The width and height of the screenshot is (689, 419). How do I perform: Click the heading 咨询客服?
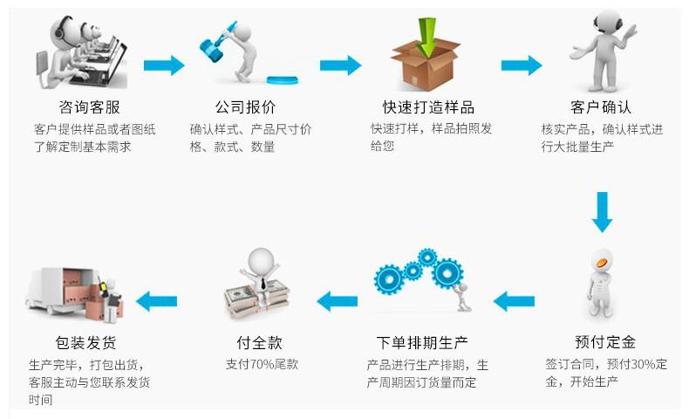(89, 108)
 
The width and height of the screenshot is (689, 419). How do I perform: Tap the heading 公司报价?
(245, 108)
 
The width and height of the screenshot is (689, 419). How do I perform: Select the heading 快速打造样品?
(428, 108)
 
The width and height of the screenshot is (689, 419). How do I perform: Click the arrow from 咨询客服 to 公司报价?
(163, 65)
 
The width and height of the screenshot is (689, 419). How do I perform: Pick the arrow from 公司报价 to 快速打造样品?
(340, 65)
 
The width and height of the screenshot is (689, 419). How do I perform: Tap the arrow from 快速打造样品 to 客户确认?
(521, 65)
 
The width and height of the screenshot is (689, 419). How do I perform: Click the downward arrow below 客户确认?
(602, 211)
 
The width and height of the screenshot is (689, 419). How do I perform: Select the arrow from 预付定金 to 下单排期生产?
(513, 302)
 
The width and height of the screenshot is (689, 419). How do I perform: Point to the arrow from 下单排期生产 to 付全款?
(337, 302)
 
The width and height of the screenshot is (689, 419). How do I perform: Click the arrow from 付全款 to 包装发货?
(157, 302)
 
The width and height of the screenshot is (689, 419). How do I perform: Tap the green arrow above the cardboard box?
(427, 36)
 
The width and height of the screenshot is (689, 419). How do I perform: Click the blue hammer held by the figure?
(215, 44)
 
